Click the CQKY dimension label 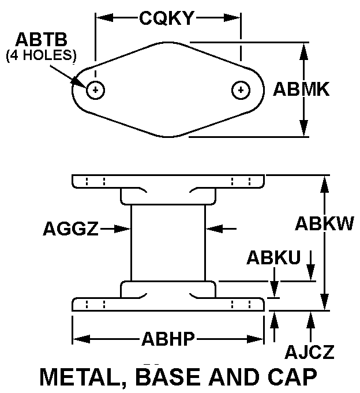pos(167,18)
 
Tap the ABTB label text pos(42,40)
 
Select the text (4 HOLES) pos(41,55)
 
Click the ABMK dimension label pos(301,89)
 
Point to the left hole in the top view pos(95,90)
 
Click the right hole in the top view pos(241,90)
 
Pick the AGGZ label pos(71,229)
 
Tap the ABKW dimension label pos(324,223)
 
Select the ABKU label pos(273,257)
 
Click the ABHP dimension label pos(168,339)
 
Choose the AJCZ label pos(309,351)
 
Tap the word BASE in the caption pos(170,377)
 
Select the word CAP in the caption pos(292,377)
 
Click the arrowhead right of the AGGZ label pos(122,229)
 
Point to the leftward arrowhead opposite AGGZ pos(213,229)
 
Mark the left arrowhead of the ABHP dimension pos(81,339)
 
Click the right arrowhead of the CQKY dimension pos(232,18)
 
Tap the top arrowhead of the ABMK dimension pos(303,51)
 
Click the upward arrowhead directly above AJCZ pos(310,320)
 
